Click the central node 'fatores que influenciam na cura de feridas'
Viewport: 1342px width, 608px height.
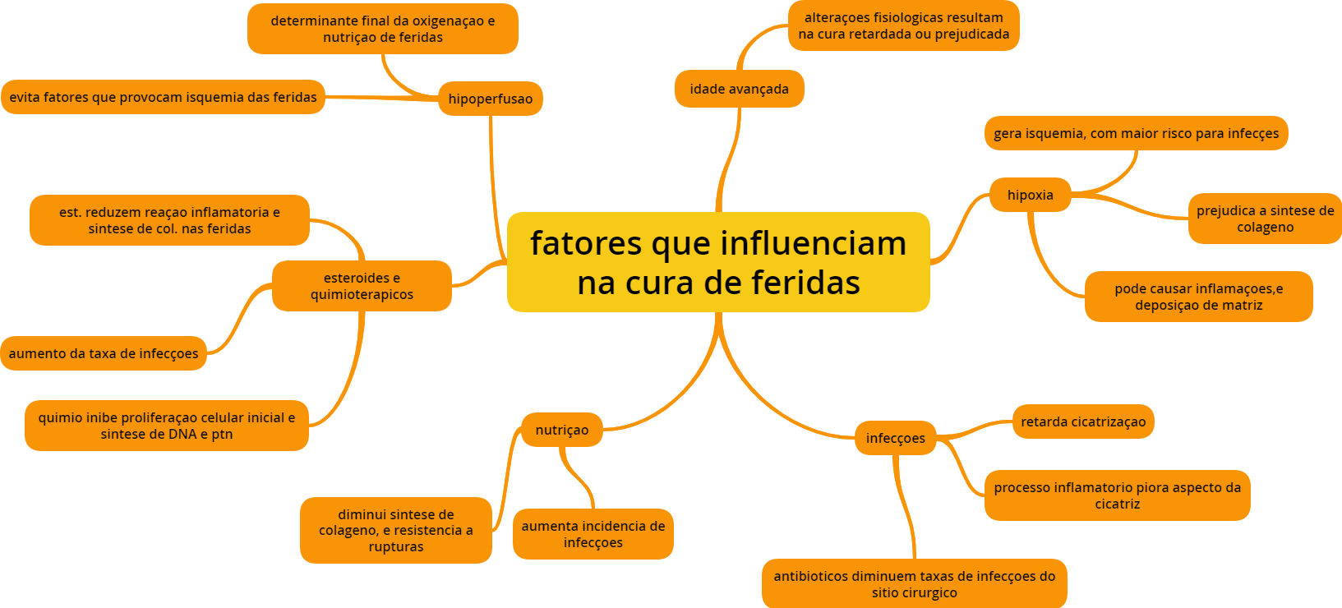pyautogui.click(x=718, y=262)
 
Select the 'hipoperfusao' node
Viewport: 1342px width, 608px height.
pyautogui.click(x=490, y=99)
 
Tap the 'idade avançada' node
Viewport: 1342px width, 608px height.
pyautogui.click(x=739, y=89)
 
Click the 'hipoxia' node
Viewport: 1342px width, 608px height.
pyautogui.click(x=1030, y=195)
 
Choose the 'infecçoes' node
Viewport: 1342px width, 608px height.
pyautogui.click(x=895, y=438)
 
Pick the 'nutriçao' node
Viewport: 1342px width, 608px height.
pyautogui.click(x=561, y=430)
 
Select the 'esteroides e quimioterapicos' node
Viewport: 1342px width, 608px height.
pyautogui.click(x=362, y=286)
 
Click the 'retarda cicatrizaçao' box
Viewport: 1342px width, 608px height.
pyautogui.click(x=1082, y=421)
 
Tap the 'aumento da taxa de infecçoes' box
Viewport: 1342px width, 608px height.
pyautogui.click(x=104, y=353)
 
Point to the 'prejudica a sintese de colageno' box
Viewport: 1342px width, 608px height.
pyautogui.click(x=1265, y=219)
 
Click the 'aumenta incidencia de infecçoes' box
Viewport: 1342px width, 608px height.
pyautogui.click(x=593, y=534)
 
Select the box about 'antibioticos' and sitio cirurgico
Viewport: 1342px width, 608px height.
pyautogui.click(x=914, y=584)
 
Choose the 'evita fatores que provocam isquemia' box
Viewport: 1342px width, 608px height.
pyautogui.click(x=163, y=97)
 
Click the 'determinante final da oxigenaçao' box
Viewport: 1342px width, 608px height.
pyautogui.click(x=382, y=29)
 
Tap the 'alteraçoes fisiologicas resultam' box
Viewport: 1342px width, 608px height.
pyautogui.click(x=903, y=25)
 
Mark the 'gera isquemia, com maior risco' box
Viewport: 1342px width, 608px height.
pyautogui.click(x=1136, y=133)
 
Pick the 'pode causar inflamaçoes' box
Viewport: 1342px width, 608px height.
pyautogui.click(x=1198, y=297)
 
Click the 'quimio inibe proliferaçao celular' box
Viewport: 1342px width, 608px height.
pyautogui.click(x=166, y=426)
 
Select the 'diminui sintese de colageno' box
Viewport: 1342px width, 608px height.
pyautogui.click(x=395, y=530)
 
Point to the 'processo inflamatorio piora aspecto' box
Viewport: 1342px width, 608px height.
pyautogui.click(x=1117, y=495)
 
